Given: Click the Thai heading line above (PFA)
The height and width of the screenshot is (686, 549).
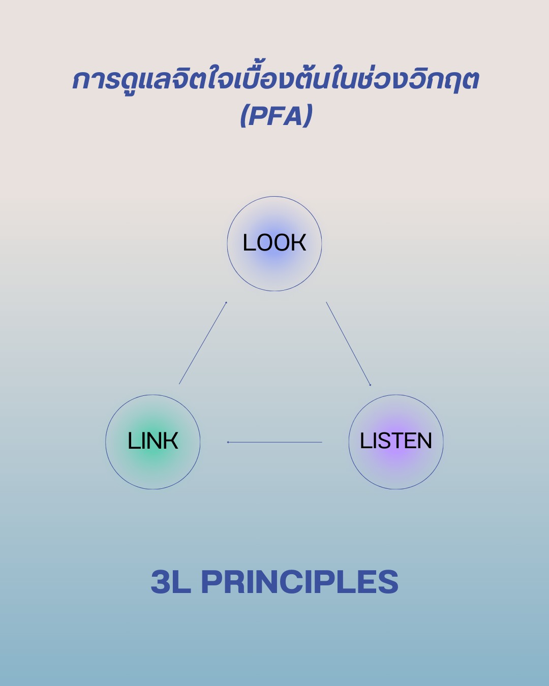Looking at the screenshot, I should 275,80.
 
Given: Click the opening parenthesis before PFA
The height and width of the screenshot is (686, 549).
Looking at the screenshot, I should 245,116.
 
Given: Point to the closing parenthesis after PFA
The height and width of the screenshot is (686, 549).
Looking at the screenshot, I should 308,116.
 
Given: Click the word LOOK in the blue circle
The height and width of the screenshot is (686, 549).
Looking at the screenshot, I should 274,243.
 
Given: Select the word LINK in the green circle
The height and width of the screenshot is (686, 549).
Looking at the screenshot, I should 152,441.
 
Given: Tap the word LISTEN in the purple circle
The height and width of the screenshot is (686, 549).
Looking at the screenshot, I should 396,441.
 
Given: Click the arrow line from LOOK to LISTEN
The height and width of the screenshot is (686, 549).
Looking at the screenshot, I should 348,344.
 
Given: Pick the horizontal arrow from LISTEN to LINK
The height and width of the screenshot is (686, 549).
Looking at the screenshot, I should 274,442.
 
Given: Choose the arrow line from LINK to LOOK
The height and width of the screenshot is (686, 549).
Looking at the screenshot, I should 202,344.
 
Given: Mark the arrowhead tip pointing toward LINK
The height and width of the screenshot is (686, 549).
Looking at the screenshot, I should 228,442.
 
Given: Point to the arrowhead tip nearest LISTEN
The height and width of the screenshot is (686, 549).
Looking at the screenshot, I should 371,386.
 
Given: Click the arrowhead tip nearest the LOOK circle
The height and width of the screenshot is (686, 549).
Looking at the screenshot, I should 226,302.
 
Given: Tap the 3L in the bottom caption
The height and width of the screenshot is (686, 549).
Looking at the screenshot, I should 171,582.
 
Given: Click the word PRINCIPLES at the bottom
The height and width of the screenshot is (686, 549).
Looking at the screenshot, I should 300,582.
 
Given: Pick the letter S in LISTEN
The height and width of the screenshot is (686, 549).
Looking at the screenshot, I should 380,441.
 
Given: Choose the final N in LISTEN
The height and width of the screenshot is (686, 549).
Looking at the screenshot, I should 424,441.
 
